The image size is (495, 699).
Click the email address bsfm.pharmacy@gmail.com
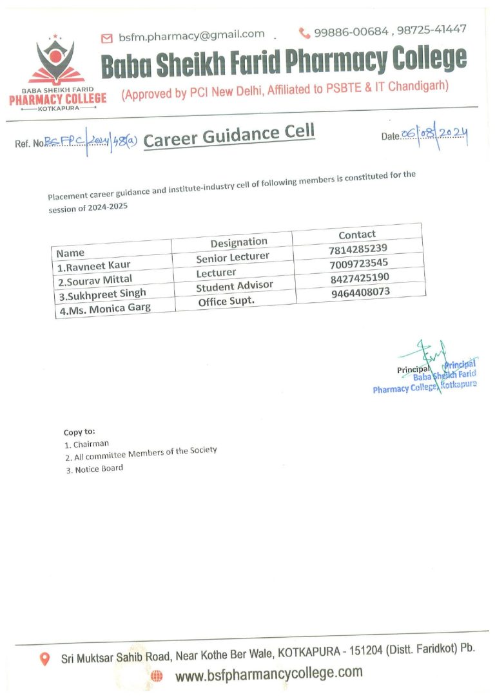click(x=191, y=35)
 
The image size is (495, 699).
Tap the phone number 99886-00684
click(x=351, y=31)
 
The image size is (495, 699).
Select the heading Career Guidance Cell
click(x=229, y=136)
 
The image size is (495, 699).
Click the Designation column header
click(x=238, y=242)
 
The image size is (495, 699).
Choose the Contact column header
click(x=357, y=235)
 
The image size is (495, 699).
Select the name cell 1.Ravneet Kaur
click(x=89, y=267)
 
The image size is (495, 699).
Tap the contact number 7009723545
click(x=358, y=263)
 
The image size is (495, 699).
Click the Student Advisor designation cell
click(x=235, y=286)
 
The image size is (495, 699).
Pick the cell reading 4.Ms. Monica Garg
click(x=104, y=307)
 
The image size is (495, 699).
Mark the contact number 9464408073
click(x=361, y=293)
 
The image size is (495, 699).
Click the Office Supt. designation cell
click(x=226, y=301)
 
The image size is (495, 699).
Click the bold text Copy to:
click(x=79, y=432)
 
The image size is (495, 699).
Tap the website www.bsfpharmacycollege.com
click(x=269, y=674)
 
